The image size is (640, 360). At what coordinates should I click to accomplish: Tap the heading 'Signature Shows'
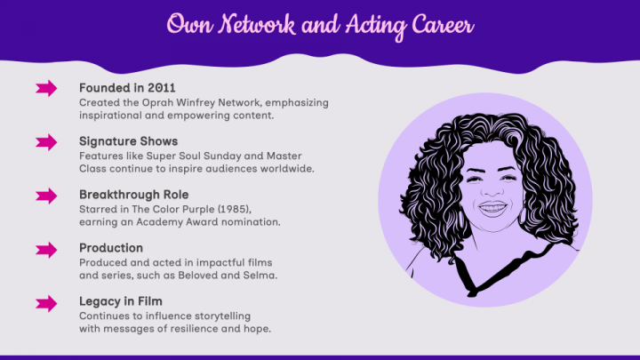click(128, 141)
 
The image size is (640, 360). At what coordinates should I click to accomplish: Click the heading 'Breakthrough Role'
click(133, 195)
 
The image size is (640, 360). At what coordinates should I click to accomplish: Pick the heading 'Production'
click(110, 248)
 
